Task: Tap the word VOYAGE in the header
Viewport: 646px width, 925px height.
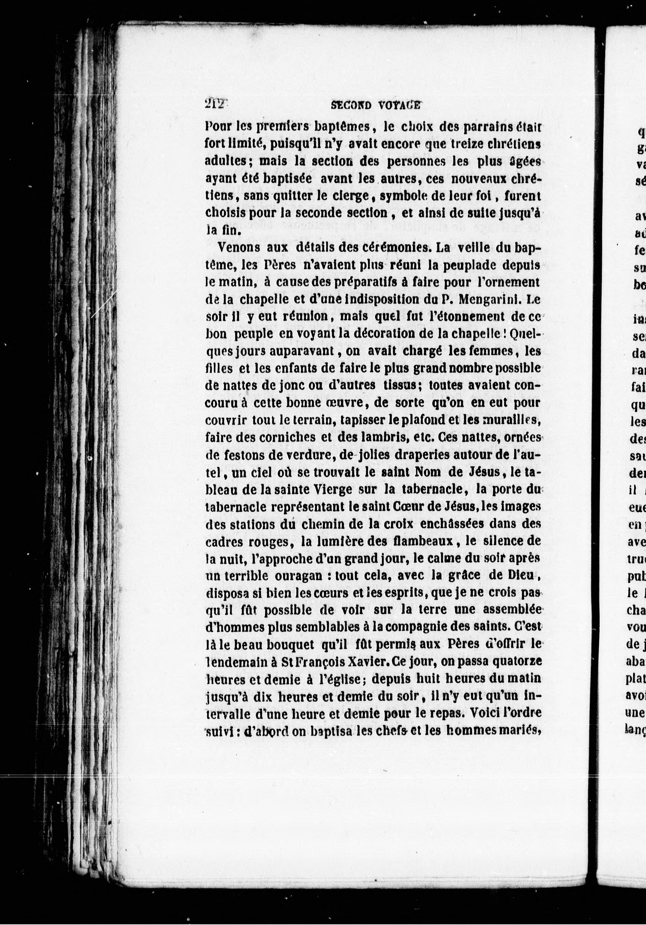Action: [x=400, y=106]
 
